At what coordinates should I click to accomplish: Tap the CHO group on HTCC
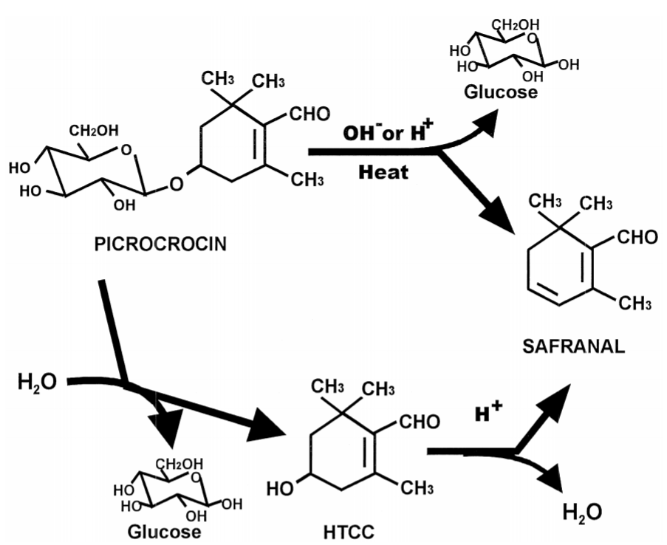pos(420,422)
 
